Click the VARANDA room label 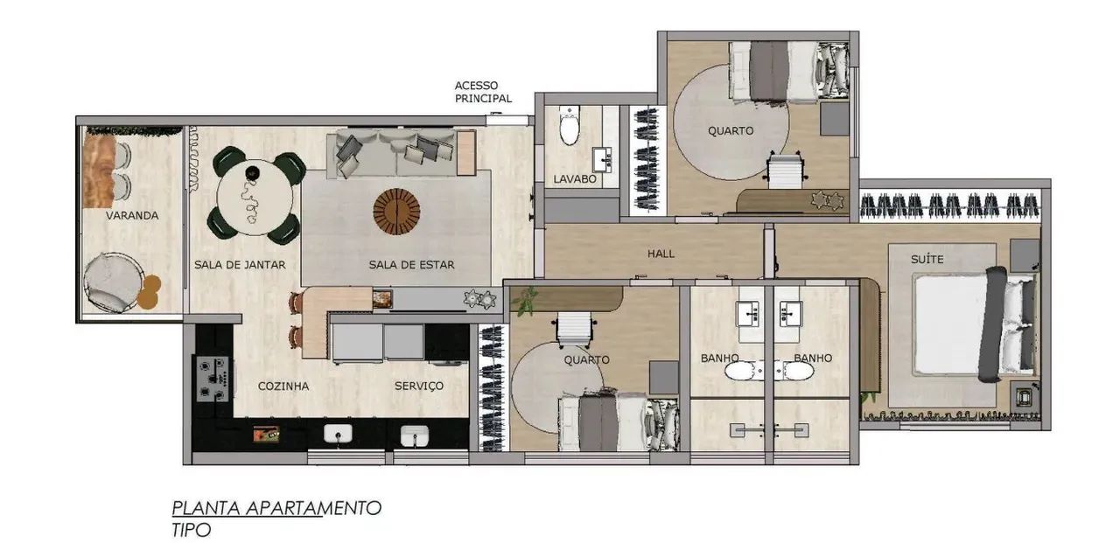pos(132,215)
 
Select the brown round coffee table pos(396,212)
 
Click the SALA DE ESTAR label pos(411,265)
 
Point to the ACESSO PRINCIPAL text pos(483,92)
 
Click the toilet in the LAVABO pos(569,125)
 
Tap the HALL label pos(661,254)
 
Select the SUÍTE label pos(927,260)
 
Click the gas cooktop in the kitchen pos(213,379)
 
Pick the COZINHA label pos(283,386)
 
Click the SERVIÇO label pos(419,386)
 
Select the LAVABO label pos(575,179)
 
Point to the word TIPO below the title pos(192,530)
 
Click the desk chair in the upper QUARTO pos(785,170)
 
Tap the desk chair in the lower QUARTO pos(573,329)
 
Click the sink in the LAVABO pos(603,159)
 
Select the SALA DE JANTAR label pos(240,265)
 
